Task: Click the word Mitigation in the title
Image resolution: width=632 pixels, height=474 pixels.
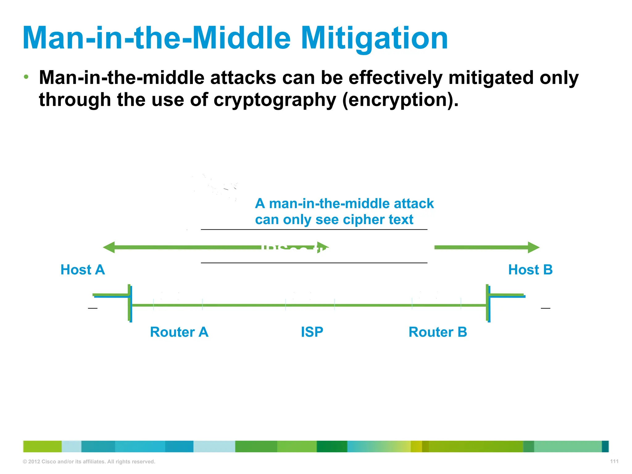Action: (374, 39)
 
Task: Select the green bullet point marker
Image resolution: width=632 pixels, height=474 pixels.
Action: (27, 77)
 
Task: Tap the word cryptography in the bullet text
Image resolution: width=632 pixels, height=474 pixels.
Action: (275, 100)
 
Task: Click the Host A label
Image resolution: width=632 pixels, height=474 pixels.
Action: (82, 270)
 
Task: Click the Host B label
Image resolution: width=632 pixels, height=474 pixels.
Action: (530, 270)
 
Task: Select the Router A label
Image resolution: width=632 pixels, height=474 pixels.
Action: (179, 332)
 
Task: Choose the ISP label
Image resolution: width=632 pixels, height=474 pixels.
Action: (312, 332)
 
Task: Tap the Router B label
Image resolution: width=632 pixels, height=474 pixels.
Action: (438, 332)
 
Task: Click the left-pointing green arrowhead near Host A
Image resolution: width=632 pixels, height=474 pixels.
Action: (109, 247)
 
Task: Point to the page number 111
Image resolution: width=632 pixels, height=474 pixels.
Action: (614, 461)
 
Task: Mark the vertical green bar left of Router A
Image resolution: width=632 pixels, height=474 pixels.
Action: (129, 303)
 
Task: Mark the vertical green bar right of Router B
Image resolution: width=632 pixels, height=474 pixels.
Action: (487, 303)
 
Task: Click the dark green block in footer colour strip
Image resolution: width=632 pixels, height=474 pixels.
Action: (332, 447)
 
